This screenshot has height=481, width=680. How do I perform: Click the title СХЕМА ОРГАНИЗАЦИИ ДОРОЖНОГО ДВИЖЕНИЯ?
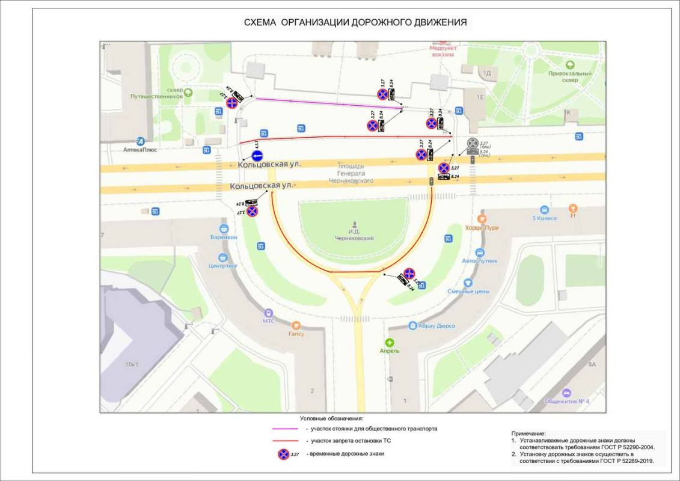tap(355, 23)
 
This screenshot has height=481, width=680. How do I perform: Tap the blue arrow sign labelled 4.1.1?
tap(257, 156)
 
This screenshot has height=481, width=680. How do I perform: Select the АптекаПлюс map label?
tap(140, 149)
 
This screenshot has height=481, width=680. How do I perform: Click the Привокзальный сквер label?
tap(569, 76)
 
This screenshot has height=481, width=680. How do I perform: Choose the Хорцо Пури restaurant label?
tap(482, 228)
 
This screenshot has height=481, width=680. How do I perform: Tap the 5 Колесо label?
tap(544, 218)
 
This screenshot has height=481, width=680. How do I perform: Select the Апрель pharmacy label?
tap(389, 350)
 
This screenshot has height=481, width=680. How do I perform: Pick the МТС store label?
tap(268, 320)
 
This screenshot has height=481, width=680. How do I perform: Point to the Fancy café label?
tap(296, 334)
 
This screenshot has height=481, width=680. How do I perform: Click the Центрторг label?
tap(224, 265)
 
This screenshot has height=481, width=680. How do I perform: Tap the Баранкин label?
tap(224, 237)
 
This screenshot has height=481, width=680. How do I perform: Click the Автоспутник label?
tap(479, 261)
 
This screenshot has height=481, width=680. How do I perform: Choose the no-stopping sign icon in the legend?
tap(283, 454)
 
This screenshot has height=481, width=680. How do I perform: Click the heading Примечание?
tap(528, 433)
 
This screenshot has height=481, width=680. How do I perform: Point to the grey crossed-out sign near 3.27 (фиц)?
tap(473, 144)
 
